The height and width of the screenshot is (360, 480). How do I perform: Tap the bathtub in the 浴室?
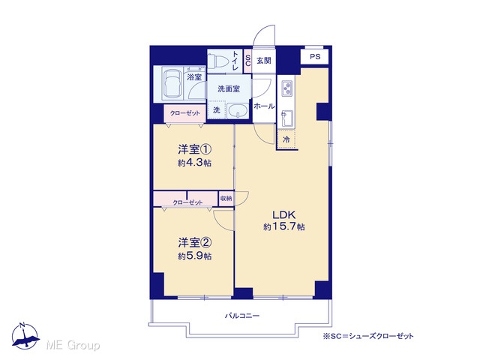tap(172, 83)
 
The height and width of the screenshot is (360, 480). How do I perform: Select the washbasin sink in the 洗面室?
tap(238, 110)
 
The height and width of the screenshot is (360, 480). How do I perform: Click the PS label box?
tap(315, 57)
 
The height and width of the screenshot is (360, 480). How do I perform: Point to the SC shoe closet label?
tap(247, 60)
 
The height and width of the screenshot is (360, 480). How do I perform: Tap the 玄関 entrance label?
tap(264, 60)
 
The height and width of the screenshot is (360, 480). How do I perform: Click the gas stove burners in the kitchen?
tap(287, 88)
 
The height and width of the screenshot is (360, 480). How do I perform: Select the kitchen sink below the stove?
tap(286, 118)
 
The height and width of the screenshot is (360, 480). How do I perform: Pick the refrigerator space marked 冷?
tap(286, 139)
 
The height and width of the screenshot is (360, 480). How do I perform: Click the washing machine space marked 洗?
tap(217, 109)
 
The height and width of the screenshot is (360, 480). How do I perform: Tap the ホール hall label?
tap(264, 106)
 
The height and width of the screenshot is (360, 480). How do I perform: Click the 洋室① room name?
tap(195, 150)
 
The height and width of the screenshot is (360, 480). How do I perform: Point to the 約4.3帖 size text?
tap(195, 163)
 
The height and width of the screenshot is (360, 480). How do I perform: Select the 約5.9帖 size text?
tap(195, 256)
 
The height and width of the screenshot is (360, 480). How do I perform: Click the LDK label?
tap(283, 214)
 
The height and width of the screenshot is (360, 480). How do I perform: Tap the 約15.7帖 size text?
tap(283, 226)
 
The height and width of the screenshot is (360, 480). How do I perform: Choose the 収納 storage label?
tap(226, 198)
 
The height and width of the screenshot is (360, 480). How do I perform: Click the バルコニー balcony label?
tap(242, 316)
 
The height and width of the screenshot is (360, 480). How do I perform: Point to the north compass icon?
tap(25, 336)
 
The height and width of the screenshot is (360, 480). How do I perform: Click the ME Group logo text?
tap(73, 345)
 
